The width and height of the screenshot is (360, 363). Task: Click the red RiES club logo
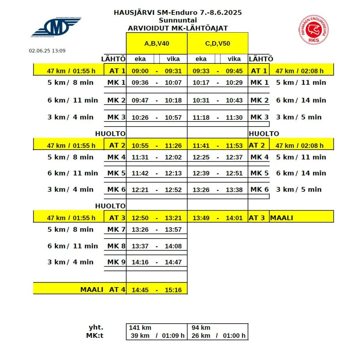[x=313, y=30]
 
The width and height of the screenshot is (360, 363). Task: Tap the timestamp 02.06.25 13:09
[x=47, y=51]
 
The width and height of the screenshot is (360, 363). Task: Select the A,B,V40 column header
[x=156, y=43]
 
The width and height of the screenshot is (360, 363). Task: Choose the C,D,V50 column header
[x=217, y=43]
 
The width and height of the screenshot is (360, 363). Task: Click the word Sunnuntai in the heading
[x=178, y=20]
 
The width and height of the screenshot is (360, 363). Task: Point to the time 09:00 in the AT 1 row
[x=140, y=71]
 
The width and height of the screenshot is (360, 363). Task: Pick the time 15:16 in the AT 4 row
[x=173, y=290]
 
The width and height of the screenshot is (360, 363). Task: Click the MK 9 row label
[x=116, y=262]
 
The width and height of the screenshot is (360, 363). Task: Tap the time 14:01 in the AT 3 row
[x=234, y=218]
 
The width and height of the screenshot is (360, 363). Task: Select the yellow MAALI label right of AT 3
[x=282, y=218]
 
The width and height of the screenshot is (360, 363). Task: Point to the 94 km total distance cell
[x=201, y=328]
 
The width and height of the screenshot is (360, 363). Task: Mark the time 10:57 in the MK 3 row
[x=173, y=118]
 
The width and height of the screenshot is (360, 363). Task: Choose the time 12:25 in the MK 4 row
[x=201, y=157]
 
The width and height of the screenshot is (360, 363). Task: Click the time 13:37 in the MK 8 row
[x=140, y=246]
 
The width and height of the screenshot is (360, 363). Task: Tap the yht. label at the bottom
[x=96, y=328]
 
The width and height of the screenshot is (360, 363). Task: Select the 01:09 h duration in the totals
[x=173, y=336]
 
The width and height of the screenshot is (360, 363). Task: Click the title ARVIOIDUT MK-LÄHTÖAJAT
[x=178, y=28]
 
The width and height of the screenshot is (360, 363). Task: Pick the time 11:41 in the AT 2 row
[x=201, y=146]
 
